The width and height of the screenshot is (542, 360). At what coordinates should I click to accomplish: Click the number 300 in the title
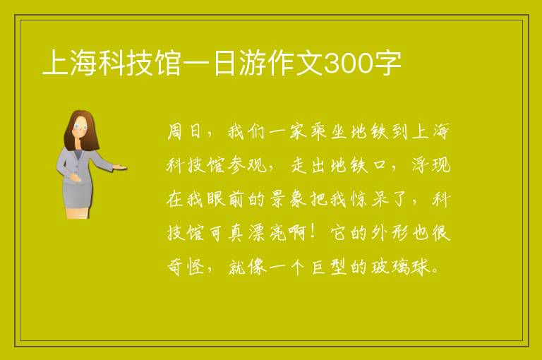(347, 64)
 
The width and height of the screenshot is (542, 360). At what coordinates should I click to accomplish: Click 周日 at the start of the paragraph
(184, 131)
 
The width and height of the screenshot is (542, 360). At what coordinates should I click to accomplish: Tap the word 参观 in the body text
(247, 165)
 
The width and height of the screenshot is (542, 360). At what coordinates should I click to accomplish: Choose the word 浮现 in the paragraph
(430, 165)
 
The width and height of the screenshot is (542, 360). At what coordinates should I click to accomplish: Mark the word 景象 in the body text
(288, 199)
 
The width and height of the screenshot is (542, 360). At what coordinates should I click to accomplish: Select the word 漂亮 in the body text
(267, 233)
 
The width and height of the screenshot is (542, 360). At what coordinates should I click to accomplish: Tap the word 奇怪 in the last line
(186, 267)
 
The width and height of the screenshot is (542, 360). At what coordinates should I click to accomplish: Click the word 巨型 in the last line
(329, 267)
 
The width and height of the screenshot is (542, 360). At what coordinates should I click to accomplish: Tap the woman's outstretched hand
(120, 167)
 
